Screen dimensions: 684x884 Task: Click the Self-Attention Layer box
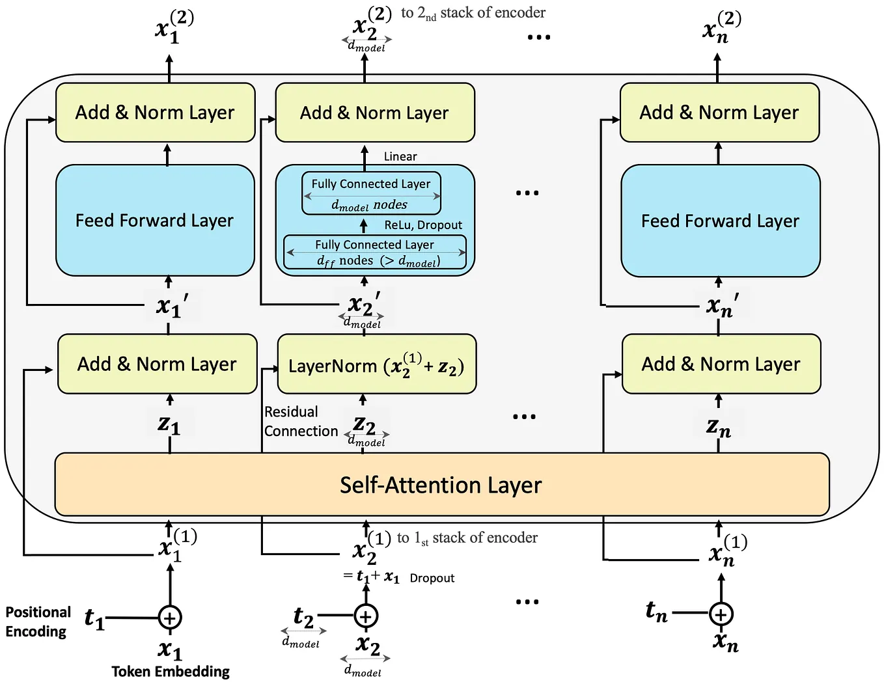(x=441, y=485)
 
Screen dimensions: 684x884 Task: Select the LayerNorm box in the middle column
(x=376, y=364)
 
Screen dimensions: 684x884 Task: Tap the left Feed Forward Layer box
(x=155, y=221)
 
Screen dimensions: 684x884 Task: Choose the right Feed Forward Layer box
(x=720, y=221)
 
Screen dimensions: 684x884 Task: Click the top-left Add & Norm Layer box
(x=155, y=113)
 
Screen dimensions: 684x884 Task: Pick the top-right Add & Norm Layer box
(x=719, y=113)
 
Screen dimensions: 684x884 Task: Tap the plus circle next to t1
(x=170, y=618)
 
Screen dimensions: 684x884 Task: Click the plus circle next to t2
(x=366, y=616)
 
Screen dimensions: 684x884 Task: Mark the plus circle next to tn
(x=721, y=614)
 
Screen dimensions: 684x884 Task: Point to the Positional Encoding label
(x=37, y=622)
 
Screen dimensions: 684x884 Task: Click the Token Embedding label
(x=171, y=672)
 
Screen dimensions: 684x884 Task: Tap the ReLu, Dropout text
(x=423, y=225)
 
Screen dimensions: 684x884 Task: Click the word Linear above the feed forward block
(x=400, y=157)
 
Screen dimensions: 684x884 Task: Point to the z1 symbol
(x=169, y=424)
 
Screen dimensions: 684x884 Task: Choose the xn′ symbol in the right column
(x=721, y=305)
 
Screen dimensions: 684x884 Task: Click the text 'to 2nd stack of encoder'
(x=473, y=13)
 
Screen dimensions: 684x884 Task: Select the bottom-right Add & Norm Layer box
(x=721, y=364)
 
